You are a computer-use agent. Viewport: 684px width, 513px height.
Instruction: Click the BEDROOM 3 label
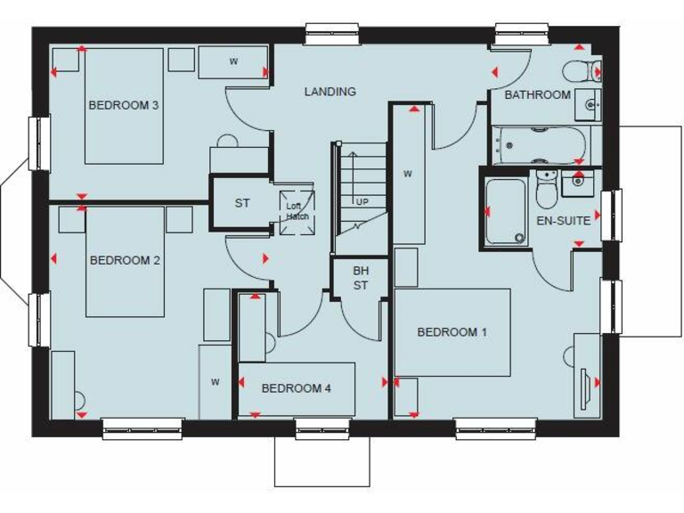(124, 105)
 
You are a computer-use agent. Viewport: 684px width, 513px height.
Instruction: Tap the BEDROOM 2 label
(125, 260)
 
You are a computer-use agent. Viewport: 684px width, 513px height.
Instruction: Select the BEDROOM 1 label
(452, 332)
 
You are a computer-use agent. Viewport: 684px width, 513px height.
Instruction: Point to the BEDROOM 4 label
(297, 388)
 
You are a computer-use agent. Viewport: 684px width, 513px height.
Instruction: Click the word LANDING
(330, 91)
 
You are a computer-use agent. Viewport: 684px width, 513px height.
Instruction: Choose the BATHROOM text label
(537, 94)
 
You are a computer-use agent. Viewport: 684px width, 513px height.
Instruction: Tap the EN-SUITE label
(563, 221)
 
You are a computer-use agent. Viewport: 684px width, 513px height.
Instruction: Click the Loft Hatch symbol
(297, 211)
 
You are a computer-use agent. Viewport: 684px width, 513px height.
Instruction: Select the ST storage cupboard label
(242, 203)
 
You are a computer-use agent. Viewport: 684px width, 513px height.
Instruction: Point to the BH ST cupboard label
(360, 277)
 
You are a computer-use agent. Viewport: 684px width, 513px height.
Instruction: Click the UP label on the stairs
(362, 201)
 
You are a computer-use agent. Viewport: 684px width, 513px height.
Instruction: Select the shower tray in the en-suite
(505, 211)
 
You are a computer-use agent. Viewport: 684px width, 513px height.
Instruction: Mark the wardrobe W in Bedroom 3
(233, 61)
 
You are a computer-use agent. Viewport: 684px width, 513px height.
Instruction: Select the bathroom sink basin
(589, 105)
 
